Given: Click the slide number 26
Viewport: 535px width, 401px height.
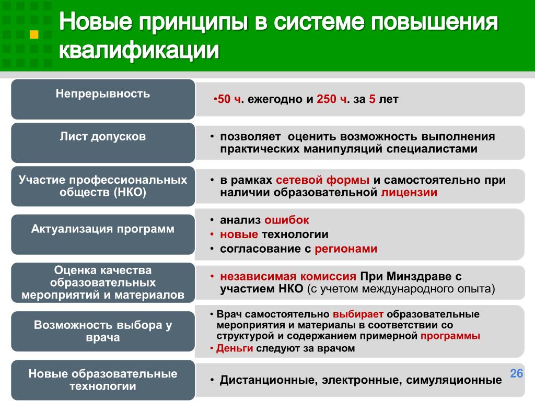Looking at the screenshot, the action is tap(516, 373).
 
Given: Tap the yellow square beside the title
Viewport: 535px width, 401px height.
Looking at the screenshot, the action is tap(34, 34).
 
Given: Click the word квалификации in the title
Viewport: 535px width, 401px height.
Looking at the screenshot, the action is tap(139, 50).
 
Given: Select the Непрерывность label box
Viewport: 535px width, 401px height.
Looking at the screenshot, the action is tap(103, 99).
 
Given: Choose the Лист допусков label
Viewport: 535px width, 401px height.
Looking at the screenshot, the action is tap(103, 136).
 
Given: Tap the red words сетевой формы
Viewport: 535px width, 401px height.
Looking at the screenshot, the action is tap(322, 180).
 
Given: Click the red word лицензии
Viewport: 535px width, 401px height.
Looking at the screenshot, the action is tap(409, 192).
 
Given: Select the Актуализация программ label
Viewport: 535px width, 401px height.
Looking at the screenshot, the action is tap(103, 229).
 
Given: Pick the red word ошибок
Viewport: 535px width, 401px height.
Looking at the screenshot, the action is tap(287, 220).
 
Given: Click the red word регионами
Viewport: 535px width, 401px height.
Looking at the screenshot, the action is tap(346, 249).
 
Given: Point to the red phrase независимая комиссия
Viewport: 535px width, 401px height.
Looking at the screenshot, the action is tap(288, 276).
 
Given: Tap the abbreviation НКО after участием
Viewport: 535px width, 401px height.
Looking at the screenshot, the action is tap(291, 289).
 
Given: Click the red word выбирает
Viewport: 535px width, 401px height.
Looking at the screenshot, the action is tap(358, 314).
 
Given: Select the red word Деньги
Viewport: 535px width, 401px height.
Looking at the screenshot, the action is tap(235, 348).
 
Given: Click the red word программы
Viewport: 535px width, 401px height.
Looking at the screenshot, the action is tap(450, 336).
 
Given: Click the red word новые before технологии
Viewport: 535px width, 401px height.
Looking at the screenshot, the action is tap(239, 234).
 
